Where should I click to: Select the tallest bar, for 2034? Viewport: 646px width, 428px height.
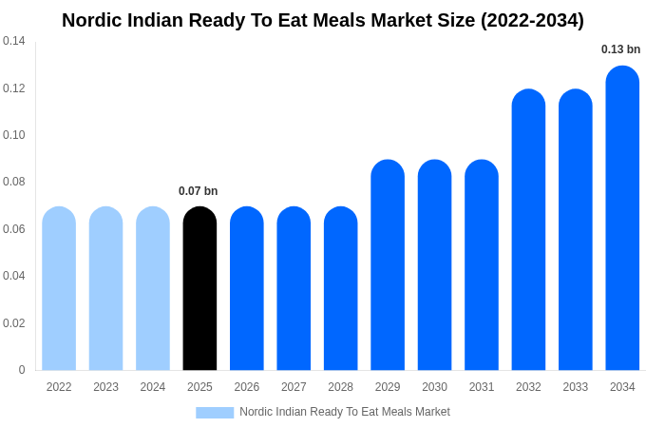coord(622,218)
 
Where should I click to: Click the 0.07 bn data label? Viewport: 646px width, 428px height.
coord(198,191)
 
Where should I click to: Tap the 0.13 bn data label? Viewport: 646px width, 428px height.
coord(620,49)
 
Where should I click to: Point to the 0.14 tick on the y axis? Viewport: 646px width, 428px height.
coord(14,41)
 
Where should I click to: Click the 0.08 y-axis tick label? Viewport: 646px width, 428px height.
coord(14,182)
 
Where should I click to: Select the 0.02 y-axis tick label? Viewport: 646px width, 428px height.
coord(14,323)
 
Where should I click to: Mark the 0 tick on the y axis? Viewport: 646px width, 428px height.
coord(22,370)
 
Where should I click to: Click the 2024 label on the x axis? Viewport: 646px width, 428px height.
coord(153,387)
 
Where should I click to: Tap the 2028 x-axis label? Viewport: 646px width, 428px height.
coord(340,387)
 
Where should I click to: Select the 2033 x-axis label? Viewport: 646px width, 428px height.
coord(575,387)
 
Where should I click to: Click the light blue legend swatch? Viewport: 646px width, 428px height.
coord(215,412)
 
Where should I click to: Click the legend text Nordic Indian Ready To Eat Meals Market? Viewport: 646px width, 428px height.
coord(345,412)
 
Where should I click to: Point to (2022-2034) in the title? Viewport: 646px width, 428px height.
coord(533,20)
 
